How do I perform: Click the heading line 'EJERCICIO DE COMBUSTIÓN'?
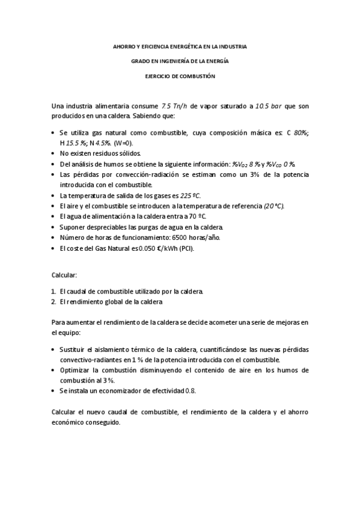click(180, 76)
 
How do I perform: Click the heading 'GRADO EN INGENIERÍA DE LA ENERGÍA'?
click(180, 61)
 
